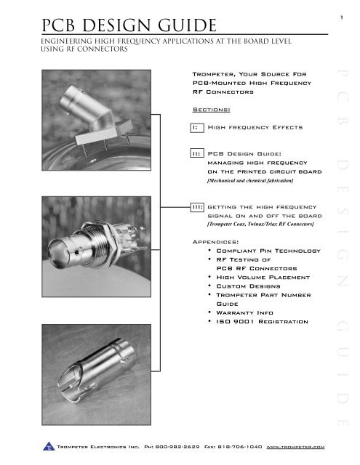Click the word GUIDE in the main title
point(183,28)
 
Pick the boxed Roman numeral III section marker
point(196,207)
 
